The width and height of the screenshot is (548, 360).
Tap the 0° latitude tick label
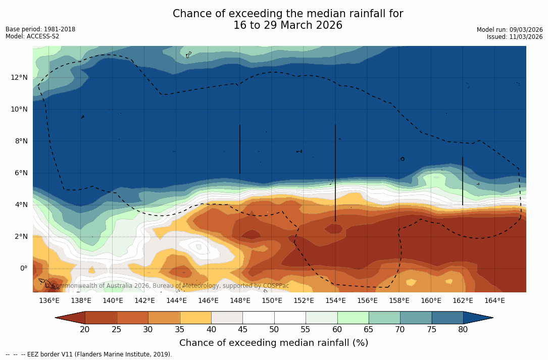(x=23, y=268)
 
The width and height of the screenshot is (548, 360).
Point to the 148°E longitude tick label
(x=240, y=301)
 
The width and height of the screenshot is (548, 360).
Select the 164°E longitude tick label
(x=494, y=301)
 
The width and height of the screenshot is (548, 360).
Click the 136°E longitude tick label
(x=49, y=301)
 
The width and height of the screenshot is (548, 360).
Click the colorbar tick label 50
(x=274, y=330)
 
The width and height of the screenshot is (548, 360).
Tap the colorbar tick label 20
(x=85, y=330)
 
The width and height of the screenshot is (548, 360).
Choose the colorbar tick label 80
(x=463, y=330)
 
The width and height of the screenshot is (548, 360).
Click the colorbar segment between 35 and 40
(x=195, y=318)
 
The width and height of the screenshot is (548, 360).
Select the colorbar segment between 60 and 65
(x=353, y=318)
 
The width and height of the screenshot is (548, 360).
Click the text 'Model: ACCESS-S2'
(x=32, y=36)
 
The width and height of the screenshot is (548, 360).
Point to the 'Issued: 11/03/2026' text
(x=515, y=37)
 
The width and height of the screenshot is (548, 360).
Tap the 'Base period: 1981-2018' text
(x=40, y=29)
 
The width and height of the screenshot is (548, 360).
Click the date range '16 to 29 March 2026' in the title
(x=288, y=25)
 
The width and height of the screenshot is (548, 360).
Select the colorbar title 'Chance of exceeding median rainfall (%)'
(x=274, y=343)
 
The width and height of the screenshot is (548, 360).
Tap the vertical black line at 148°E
(x=239, y=149)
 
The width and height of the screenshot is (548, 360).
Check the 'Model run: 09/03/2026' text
(x=510, y=30)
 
